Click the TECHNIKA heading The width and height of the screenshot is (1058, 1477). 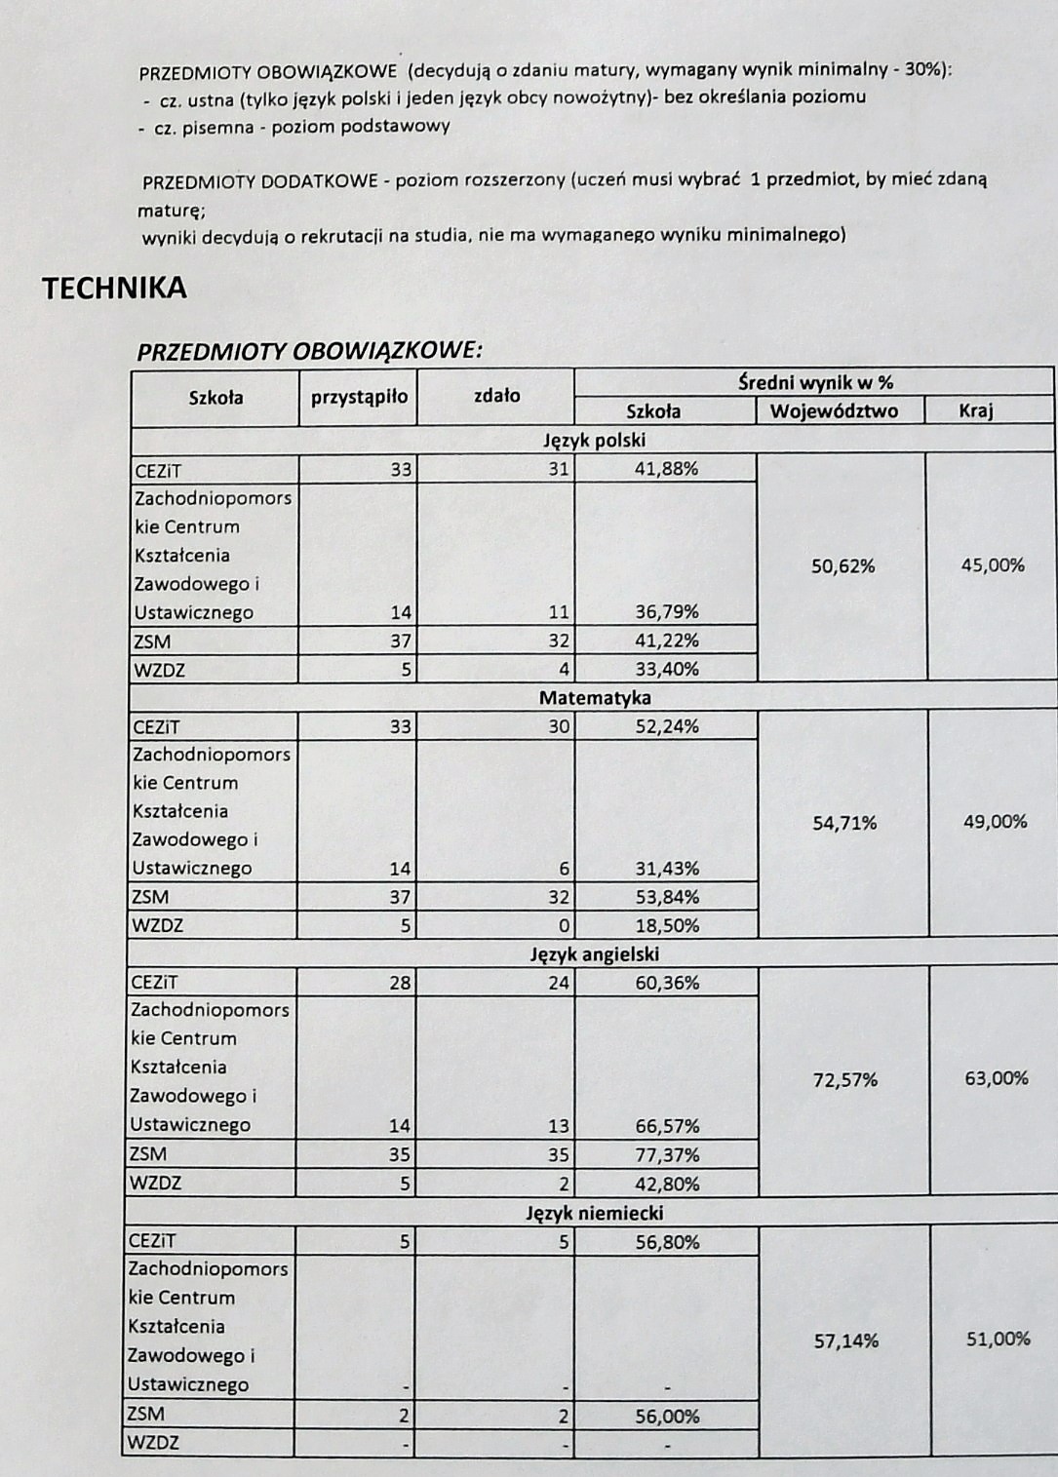[x=114, y=289]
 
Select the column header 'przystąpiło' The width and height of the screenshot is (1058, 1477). [x=359, y=397]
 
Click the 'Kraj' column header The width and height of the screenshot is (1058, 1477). [x=975, y=410]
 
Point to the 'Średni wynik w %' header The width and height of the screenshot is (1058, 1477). [x=815, y=382]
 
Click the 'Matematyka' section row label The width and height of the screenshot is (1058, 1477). [x=595, y=698]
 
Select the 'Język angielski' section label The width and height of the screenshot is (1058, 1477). [x=595, y=954]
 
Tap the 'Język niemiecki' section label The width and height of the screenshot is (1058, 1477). [x=595, y=1214]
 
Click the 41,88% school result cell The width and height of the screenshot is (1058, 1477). [x=667, y=469]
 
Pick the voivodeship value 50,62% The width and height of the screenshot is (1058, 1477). [x=842, y=566]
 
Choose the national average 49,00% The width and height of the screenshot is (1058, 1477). [x=995, y=822]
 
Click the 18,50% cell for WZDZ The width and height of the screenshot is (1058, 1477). [x=667, y=925]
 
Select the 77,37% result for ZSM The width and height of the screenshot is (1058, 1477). [x=667, y=1155]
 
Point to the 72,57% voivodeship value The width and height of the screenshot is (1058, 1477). [x=844, y=1079]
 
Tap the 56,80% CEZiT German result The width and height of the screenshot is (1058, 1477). [x=667, y=1243]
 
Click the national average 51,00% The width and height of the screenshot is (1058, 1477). [x=998, y=1340]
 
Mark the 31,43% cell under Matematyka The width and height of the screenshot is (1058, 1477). [x=667, y=869]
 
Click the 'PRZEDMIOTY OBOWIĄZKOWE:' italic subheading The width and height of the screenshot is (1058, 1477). [x=309, y=351]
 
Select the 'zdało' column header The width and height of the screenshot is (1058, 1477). [x=496, y=396]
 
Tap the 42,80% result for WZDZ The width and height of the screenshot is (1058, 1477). [x=667, y=1185]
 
